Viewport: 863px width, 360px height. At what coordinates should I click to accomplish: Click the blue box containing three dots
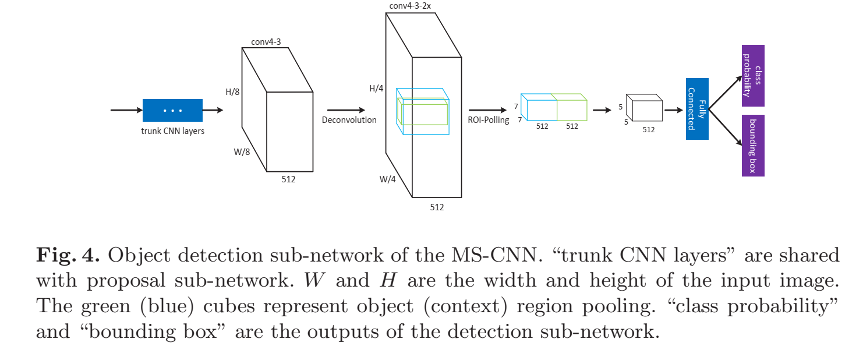tap(172, 110)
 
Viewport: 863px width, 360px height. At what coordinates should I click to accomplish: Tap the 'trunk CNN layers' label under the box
tap(173, 131)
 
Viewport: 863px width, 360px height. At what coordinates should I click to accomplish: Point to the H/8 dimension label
tap(233, 93)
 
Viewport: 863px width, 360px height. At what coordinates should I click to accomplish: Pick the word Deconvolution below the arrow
tap(349, 120)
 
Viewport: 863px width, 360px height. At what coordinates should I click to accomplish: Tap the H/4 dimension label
tap(377, 89)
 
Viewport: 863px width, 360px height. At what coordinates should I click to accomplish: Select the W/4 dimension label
tap(388, 179)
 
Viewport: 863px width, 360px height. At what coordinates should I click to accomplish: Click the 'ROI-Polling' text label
tap(489, 120)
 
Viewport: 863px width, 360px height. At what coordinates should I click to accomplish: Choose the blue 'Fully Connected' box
tap(697, 109)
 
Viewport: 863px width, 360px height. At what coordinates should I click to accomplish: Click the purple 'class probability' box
tap(753, 76)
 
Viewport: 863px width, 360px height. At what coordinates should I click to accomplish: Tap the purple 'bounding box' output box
tap(753, 146)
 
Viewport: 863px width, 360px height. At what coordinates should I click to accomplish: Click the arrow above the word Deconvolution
tap(346, 110)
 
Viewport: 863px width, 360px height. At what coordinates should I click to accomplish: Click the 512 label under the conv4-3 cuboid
tap(288, 179)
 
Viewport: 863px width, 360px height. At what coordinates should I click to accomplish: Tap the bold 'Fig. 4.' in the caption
tap(69, 255)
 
